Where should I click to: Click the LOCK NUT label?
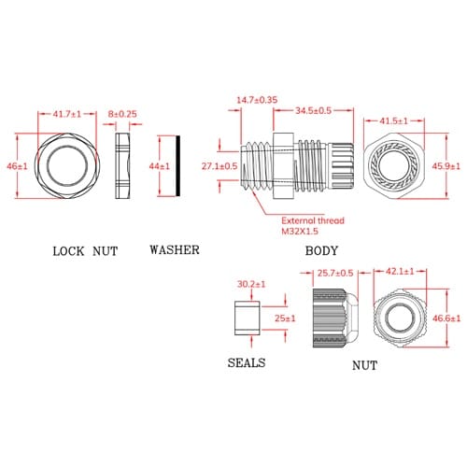(85, 251)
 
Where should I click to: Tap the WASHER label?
(175, 250)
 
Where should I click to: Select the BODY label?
(321, 251)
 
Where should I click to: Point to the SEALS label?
(247, 362)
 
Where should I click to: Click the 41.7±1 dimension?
(67, 114)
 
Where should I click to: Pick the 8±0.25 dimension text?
(122, 114)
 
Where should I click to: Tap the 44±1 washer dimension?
(160, 166)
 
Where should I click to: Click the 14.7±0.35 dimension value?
(257, 100)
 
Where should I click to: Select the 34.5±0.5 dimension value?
(313, 110)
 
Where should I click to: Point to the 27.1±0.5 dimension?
(219, 166)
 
